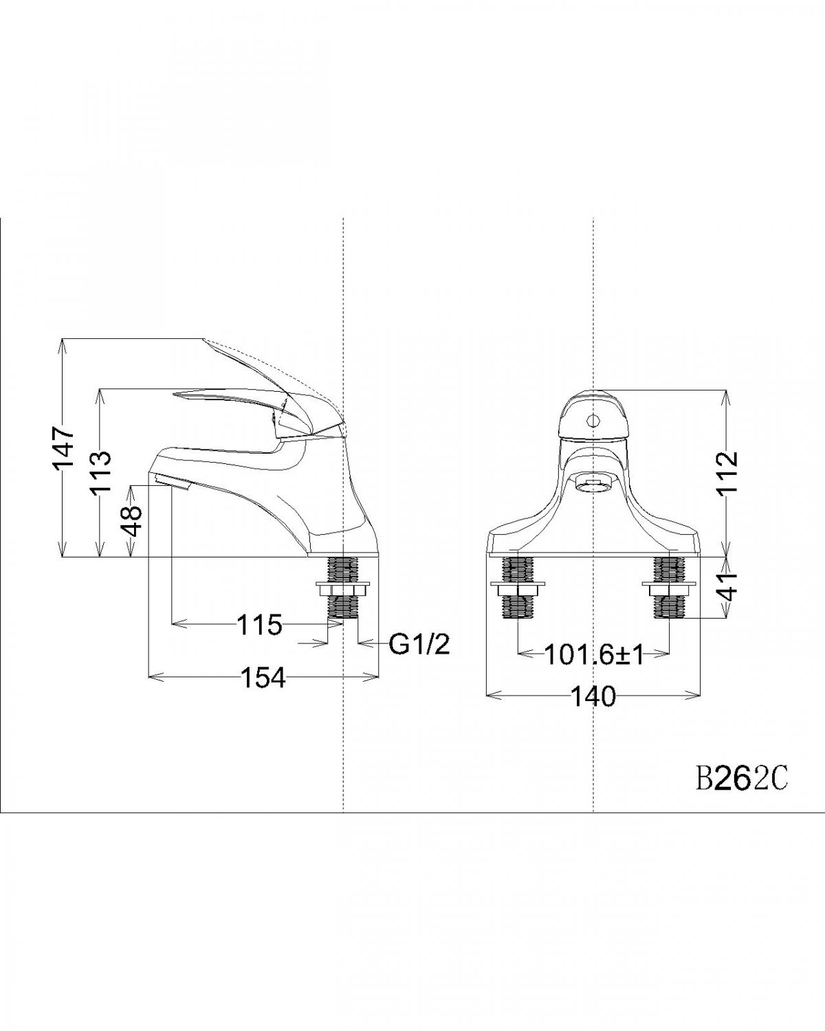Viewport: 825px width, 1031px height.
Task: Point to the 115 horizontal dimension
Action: pyautogui.click(x=259, y=625)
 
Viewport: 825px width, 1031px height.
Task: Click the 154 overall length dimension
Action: pyautogui.click(x=263, y=678)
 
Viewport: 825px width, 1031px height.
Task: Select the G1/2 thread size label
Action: pyautogui.click(x=419, y=644)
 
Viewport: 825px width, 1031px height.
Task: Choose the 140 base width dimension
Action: pyautogui.click(x=593, y=697)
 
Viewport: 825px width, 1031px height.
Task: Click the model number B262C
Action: pyautogui.click(x=736, y=780)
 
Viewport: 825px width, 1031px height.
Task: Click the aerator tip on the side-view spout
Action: pyautogui.click(x=172, y=482)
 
